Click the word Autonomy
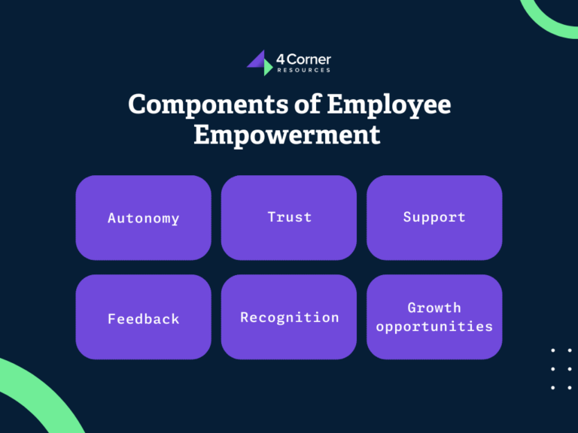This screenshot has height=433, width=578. pyautogui.click(x=143, y=219)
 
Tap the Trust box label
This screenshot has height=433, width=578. pyautogui.click(x=289, y=217)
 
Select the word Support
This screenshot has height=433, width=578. pyautogui.click(x=434, y=217)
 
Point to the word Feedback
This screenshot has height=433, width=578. pyautogui.click(x=143, y=319)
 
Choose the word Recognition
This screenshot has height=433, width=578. pyautogui.click(x=289, y=317)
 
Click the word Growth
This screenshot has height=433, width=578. pyautogui.click(x=434, y=307)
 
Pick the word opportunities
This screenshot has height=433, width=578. pyautogui.click(x=434, y=327)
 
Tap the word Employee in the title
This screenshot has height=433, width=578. pyautogui.click(x=389, y=104)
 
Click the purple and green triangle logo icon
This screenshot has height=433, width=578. pyautogui.click(x=259, y=63)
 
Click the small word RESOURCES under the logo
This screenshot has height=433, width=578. pyautogui.click(x=303, y=70)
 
